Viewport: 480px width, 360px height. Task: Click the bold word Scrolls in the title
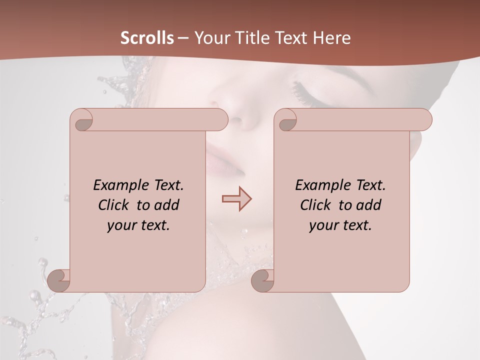[x=147, y=38]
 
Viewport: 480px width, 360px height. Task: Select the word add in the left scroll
[x=168, y=205]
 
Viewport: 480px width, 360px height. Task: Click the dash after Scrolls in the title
[x=183, y=38]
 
